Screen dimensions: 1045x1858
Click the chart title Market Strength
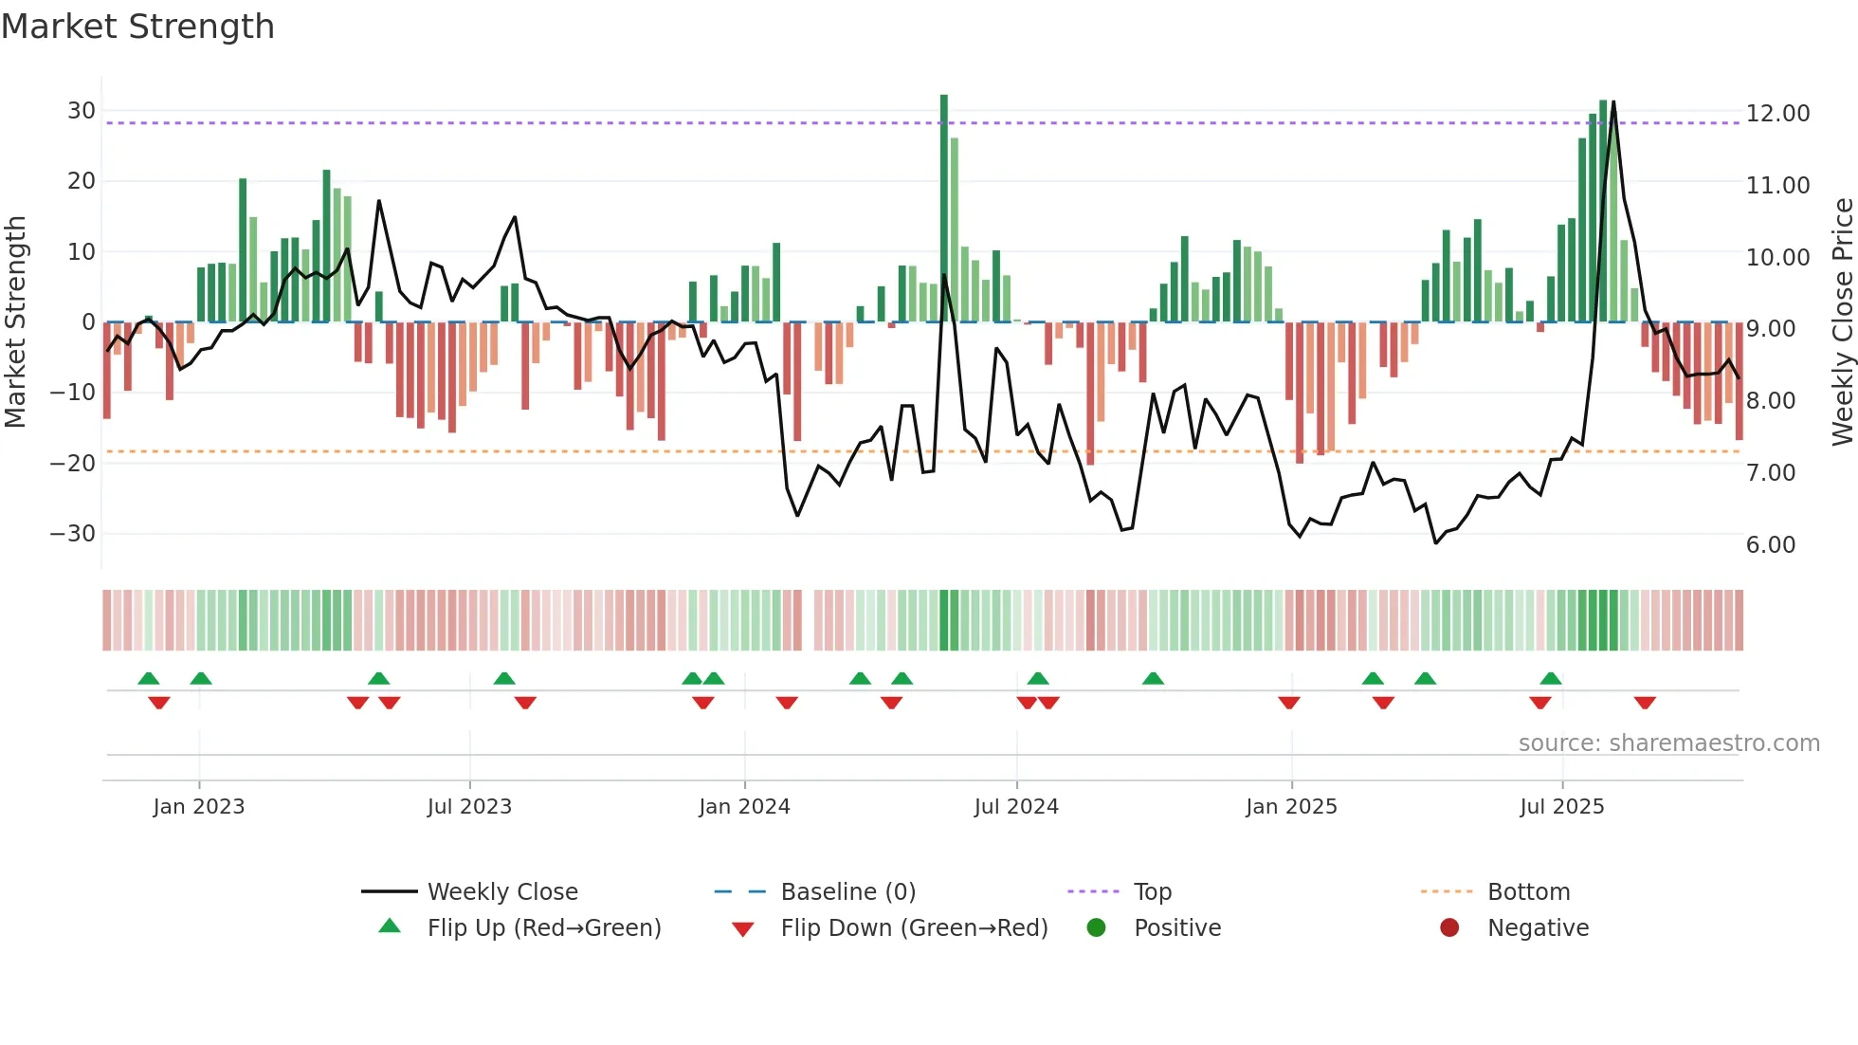(x=137, y=27)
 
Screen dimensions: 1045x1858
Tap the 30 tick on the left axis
(x=82, y=111)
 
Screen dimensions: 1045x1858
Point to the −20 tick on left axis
(x=73, y=464)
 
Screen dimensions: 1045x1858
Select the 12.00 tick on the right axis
(x=1777, y=114)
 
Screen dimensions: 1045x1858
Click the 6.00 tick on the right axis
(x=1770, y=545)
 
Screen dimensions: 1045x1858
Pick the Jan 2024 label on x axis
(x=744, y=807)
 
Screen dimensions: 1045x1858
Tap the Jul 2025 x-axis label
(x=1561, y=807)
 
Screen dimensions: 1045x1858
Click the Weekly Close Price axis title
(x=1842, y=322)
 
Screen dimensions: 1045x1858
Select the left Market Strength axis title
(x=15, y=322)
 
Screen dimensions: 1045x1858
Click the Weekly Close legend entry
(x=501, y=892)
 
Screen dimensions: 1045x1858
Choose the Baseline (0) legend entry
(x=847, y=892)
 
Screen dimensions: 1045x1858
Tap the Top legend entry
(x=1152, y=892)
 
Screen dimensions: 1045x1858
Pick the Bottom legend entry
(x=1528, y=892)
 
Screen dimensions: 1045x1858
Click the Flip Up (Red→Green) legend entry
(x=543, y=928)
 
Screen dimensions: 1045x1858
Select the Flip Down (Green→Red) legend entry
(x=914, y=928)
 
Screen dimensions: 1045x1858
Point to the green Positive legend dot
(x=1096, y=927)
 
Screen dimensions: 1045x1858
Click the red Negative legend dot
(x=1449, y=927)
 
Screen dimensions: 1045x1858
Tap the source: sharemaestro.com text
(x=1668, y=743)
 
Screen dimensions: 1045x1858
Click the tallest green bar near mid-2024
(x=944, y=209)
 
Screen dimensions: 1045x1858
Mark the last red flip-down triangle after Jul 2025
(x=1645, y=703)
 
